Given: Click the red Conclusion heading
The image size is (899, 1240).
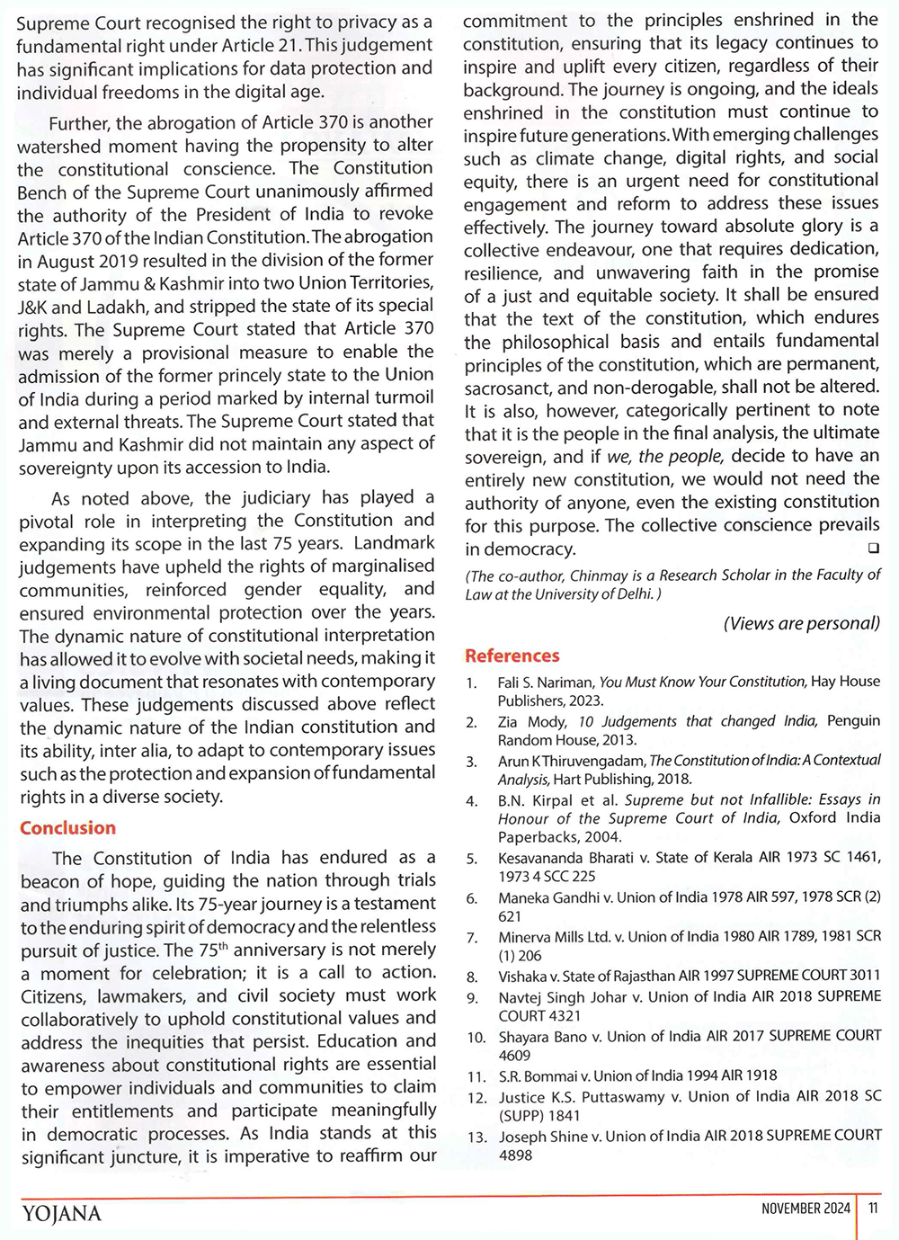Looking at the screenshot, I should click(x=67, y=828).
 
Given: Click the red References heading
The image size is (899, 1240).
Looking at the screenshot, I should click(x=512, y=656).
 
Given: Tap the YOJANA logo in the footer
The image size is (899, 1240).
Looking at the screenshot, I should click(x=61, y=1213).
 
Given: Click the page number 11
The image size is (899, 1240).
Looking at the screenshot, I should click(x=873, y=1209).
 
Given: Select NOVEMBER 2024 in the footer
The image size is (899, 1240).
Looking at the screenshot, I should click(x=805, y=1209).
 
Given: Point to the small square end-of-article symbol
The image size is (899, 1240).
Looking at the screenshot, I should click(x=873, y=548).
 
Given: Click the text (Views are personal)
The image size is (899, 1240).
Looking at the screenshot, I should click(x=801, y=623).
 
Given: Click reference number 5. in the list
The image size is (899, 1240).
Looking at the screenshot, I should click(x=472, y=859).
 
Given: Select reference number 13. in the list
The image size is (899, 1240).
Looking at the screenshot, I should click(x=476, y=1137).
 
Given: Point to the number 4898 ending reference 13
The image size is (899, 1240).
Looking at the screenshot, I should click(x=515, y=1155).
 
